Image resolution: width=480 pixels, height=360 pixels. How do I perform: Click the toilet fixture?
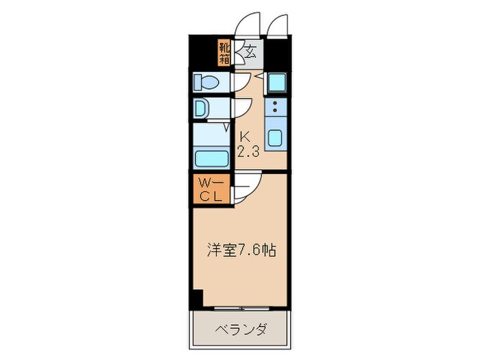point(206,83)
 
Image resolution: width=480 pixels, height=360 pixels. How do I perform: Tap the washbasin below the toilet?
point(200,108)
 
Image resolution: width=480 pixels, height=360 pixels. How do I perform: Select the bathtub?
point(212,158)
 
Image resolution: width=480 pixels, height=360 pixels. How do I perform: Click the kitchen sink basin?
point(275,137)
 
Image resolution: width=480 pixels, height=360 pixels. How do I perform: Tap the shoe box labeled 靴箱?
point(224,53)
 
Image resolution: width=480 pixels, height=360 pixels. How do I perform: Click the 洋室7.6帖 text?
point(241,251)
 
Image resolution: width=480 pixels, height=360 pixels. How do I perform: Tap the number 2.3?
point(248,152)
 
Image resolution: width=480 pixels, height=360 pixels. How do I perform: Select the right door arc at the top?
point(280,24)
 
